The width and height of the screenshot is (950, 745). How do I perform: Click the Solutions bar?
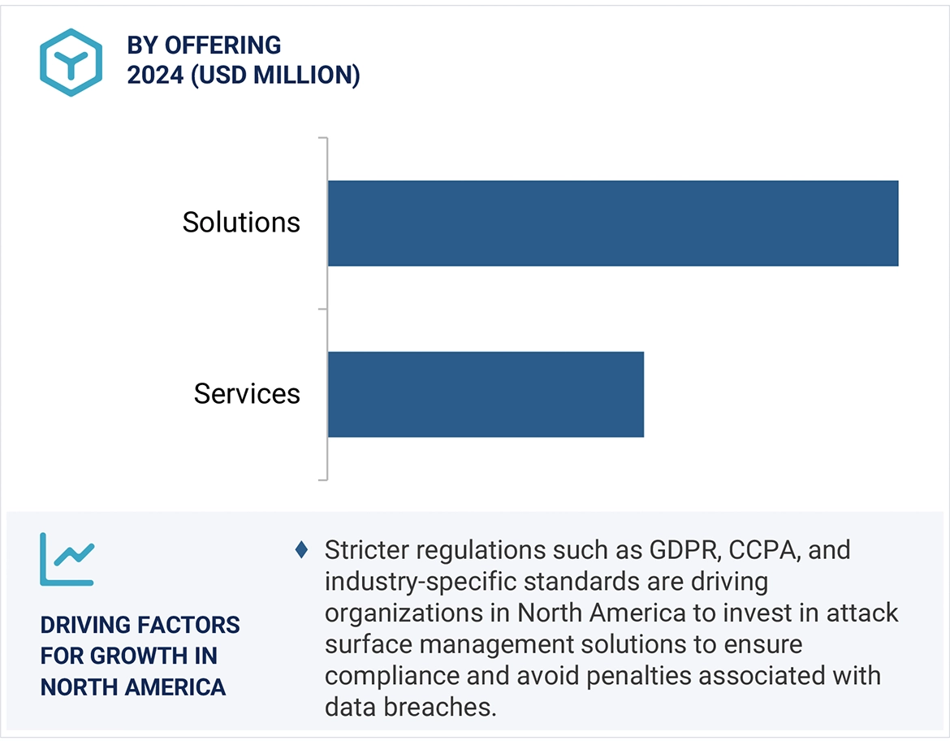tap(613, 223)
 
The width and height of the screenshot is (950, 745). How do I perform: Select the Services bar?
tap(486, 394)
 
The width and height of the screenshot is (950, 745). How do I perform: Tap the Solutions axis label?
tap(241, 223)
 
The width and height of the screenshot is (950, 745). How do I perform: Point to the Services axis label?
tap(247, 394)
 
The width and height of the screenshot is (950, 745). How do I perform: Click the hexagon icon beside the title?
tap(71, 63)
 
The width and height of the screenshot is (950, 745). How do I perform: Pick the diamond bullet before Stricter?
tap(301, 550)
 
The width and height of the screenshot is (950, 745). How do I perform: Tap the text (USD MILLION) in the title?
tap(275, 76)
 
